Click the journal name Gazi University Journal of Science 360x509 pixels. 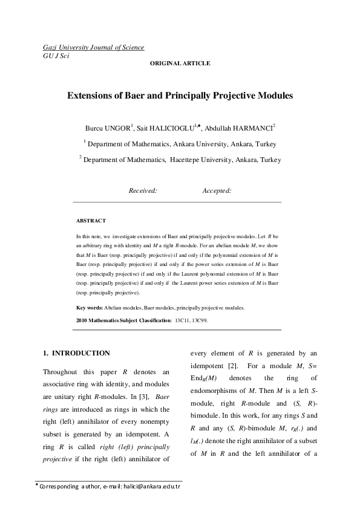(x=93, y=47)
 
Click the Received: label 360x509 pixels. (x=143, y=190)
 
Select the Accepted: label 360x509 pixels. (x=217, y=190)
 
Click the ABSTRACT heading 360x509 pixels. (x=91, y=221)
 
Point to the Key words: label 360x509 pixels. (x=89, y=308)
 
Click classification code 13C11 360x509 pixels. (x=182, y=320)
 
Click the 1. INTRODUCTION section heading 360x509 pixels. (x=76, y=353)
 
